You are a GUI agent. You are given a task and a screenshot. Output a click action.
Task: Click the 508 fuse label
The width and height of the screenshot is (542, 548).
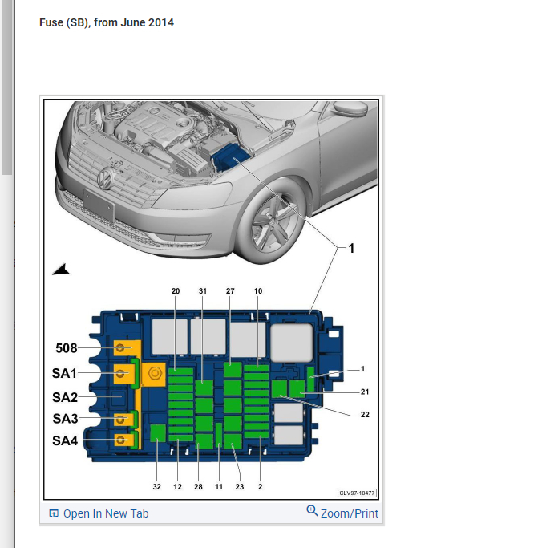tap(67, 348)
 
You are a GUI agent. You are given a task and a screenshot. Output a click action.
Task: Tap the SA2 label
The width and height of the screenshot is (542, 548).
tap(65, 396)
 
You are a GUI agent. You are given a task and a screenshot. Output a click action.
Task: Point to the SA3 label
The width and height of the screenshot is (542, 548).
tap(65, 418)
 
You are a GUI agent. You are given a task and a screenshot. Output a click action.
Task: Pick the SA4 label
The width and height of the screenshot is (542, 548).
tap(65, 440)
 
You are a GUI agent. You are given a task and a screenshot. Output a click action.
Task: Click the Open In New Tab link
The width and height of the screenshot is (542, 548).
tap(106, 513)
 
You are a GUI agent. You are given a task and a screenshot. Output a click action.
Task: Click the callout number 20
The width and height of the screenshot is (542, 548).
tap(176, 290)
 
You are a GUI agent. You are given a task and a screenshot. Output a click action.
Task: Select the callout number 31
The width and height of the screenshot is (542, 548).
tap(203, 290)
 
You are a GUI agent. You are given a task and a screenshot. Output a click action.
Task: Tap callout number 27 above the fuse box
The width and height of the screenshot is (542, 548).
tap(230, 290)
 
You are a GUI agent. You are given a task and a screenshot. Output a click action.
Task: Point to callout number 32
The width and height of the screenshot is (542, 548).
tap(157, 486)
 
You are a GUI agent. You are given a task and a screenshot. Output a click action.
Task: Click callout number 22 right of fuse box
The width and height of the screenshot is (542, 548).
tap(366, 414)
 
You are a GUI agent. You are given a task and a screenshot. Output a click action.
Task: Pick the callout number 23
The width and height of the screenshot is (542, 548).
tap(240, 486)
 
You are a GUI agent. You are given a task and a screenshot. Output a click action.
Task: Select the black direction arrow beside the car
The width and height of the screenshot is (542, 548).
tap(61, 270)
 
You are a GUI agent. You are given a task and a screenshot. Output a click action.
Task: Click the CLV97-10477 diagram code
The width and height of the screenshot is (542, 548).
tap(357, 493)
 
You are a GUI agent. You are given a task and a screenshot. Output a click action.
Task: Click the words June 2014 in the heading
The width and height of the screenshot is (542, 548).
tap(149, 22)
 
